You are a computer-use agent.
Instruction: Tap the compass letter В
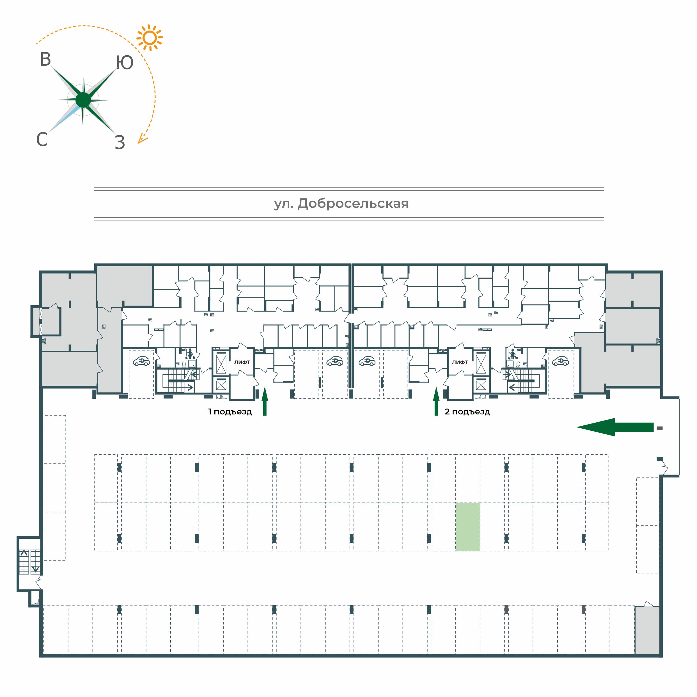tap(45, 59)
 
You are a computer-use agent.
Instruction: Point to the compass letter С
tap(42, 139)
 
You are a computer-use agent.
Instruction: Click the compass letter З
tap(120, 143)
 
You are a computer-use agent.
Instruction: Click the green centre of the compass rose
tap(83, 100)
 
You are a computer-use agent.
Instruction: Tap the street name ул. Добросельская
tap(341, 204)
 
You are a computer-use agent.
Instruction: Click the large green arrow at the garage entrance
tap(615, 427)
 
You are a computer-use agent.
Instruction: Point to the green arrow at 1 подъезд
tap(265, 401)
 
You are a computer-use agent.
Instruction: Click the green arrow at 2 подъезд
tap(436, 401)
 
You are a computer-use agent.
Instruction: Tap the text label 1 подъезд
tap(230, 412)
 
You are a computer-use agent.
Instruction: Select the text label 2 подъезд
tap(467, 412)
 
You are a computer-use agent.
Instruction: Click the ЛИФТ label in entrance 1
tap(242, 362)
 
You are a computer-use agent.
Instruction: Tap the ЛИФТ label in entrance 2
tap(460, 362)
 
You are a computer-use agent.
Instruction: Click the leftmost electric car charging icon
tap(141, 361)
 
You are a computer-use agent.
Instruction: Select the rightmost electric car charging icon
tap(560, 361)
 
